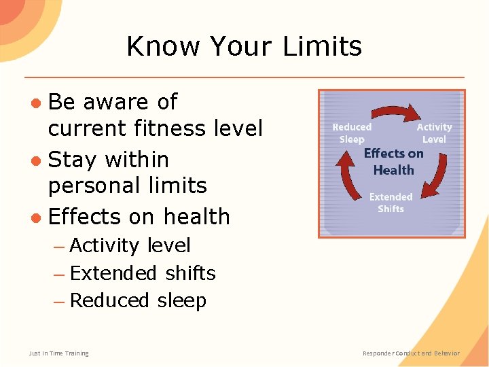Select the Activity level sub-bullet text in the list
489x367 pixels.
[x=130, y=245]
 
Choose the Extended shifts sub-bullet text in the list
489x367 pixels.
[x=143, y=273]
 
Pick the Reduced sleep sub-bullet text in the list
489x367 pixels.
[x=138, y=300]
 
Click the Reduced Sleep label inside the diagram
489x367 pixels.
[x=352, y=133]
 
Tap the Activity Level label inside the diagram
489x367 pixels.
[x=434, y=133]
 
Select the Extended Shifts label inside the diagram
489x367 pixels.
[x=391, y=203]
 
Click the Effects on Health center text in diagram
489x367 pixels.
[x=393, y=162]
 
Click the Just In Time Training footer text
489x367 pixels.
[x=58, y=353]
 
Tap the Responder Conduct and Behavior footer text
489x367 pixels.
[x=411, y=353]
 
